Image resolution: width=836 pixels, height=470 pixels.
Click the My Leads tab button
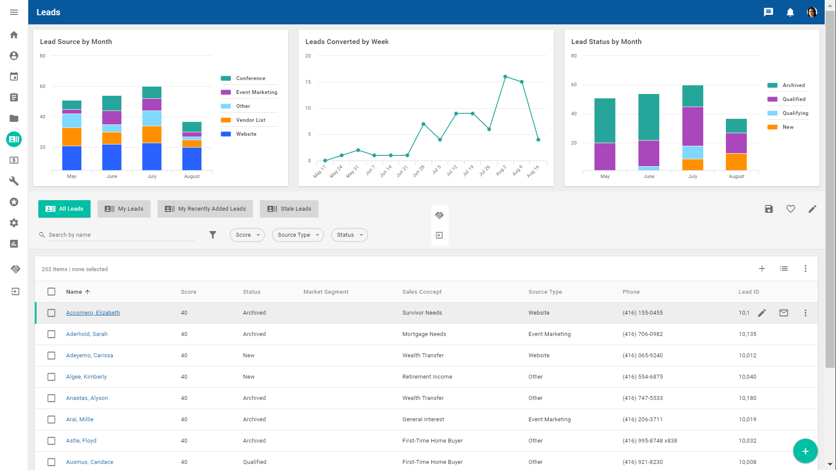pyautogui.click(x=124, y=209)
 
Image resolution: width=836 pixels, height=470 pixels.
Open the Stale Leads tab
pyautogui.click(x=289, y=209)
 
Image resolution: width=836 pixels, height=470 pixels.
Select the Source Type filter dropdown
pyautogui.click(x=298, y=235)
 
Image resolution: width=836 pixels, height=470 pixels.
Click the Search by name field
pyautogui.click(x=121, y=235)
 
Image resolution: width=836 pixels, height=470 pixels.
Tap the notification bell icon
pyautogui.click(x=790, y=12)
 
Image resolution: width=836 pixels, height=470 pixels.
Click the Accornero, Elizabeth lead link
pyautogui.click(x=93, y=313)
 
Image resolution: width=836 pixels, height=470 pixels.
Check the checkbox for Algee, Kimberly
pyautogui.click(x=51, y=377)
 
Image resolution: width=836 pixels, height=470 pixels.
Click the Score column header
pyautogui.click(x=188, y=292)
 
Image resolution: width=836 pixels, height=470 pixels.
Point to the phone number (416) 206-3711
pyautogui.click(x=642, y=420)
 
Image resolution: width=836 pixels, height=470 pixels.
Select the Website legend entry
pyautogui.click(x=246, y=134)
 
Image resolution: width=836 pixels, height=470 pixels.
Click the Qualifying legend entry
pyautogui.click(x=795, y=113)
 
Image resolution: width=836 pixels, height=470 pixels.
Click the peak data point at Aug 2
pyautogui.click(x=505, y=77)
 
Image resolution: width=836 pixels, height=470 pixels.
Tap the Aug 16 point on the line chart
pyautogui.click(x=538, y=140)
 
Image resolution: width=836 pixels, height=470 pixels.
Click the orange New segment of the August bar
pyautogui.click(x=736, y=162)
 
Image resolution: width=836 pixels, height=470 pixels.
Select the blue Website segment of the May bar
pyautogui.click(x=72, y=158)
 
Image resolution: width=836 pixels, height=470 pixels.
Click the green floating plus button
pyautogui.click(x=805, y=451)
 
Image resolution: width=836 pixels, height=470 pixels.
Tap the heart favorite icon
pyautogui.click(x=791, y=209)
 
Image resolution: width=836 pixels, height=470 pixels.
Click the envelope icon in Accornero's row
pyautogui.click(x=784, y=313)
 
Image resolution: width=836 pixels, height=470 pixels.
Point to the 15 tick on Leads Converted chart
pyautogui.click(x=308, y=82)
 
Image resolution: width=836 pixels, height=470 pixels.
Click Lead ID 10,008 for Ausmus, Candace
pyautogui.click(x=747, y=462)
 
